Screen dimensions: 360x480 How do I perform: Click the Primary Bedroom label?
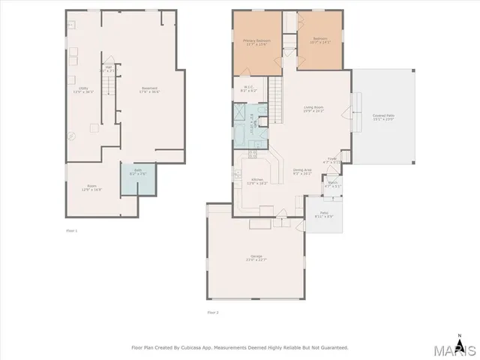click(x=256, y=41)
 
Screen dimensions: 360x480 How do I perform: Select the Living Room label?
click(x=313, y=109)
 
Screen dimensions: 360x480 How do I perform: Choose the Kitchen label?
click(x=256, y=181)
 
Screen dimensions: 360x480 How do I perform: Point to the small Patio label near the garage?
click(x=324, y=214)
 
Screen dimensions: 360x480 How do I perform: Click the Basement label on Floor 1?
click(x=149, y=90)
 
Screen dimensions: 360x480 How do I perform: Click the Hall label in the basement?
click(x=108, y=68)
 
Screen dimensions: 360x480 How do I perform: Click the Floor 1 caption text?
click(x=72, y=230)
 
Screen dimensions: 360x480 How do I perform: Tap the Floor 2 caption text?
click(x=214, y=311)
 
